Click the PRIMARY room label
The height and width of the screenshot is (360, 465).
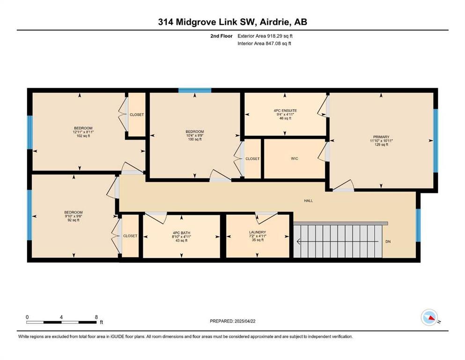[381, 137]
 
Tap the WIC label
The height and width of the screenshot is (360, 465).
[295, 158]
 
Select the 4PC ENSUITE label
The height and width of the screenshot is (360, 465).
[285, 111]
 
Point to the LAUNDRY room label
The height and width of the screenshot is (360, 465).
[258, 232]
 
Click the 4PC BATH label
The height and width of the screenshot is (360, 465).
[182, 232]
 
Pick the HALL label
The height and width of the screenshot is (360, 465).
[309, 201]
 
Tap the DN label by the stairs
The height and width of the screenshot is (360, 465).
[388, 241]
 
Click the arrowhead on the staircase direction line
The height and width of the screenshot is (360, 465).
[298, 241]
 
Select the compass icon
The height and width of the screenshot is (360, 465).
[429, 317]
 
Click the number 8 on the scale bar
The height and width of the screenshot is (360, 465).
[96, 317]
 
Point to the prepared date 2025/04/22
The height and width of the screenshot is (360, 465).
[245, 321]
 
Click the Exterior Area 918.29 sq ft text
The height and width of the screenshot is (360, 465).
[265, 36]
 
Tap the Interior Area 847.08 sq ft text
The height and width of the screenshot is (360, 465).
[264, 43]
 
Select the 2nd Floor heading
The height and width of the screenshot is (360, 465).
[221, 36]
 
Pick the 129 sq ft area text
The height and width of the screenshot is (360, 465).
[381, 144]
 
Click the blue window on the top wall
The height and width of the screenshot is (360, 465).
[195, 90]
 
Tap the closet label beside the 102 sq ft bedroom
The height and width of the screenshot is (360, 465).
[137, 114]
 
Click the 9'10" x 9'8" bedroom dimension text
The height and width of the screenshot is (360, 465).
[73, 217]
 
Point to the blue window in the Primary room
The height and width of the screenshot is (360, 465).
[435, 141]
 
